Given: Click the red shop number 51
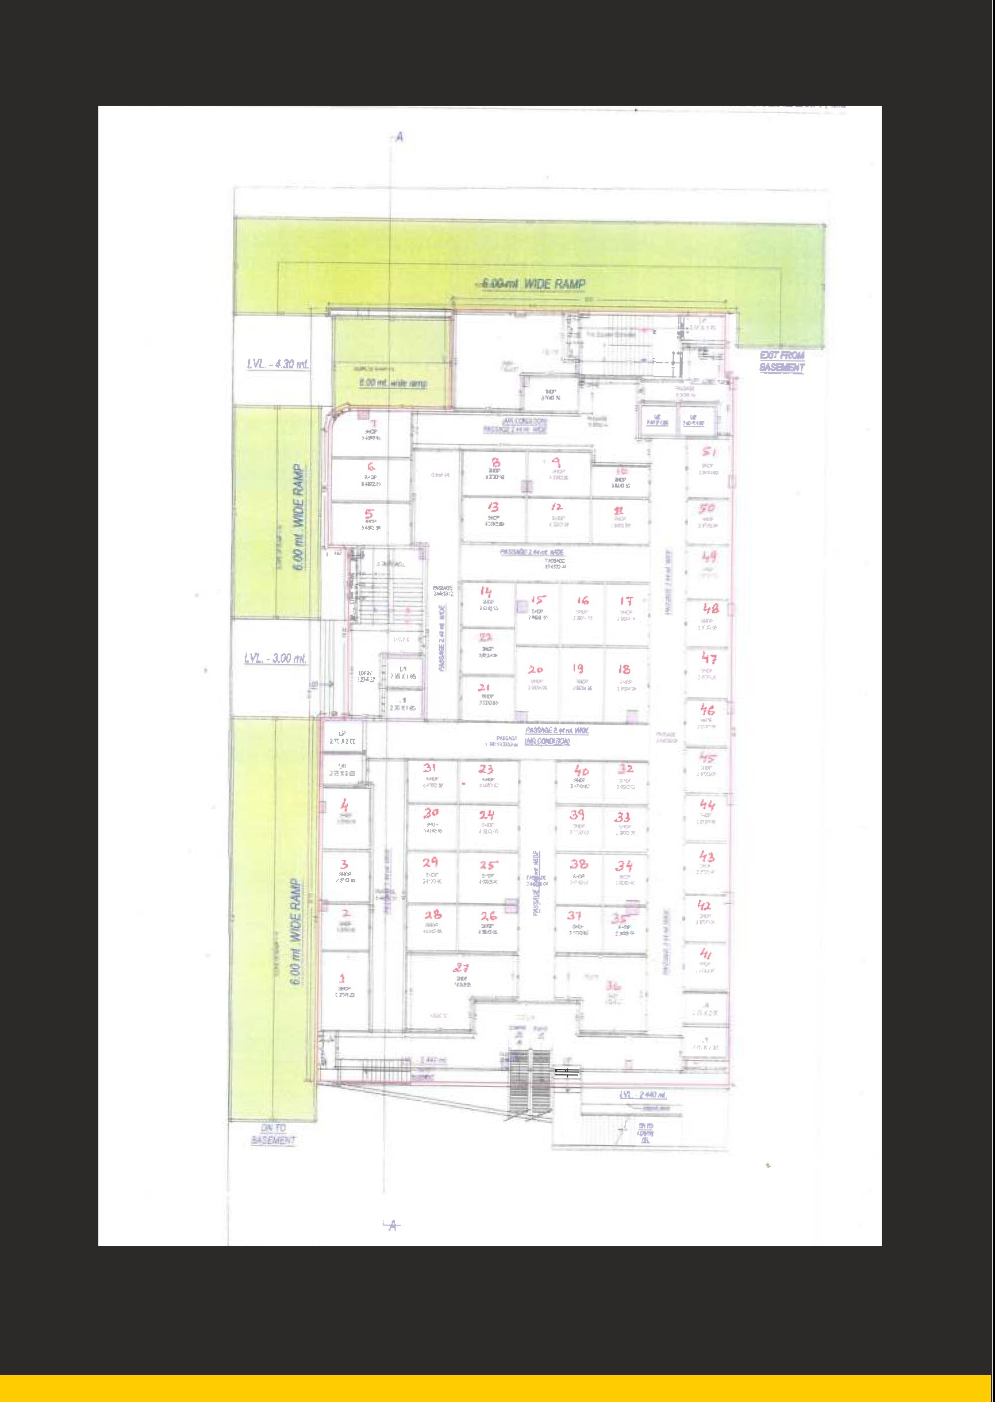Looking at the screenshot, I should point(709,452).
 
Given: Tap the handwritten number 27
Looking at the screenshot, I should point(461,968).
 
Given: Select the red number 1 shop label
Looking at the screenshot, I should point(343,978).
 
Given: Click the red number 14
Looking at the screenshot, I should point(486,592).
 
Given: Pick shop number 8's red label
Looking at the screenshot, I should point(495,463).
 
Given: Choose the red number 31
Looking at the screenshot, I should point(429,768).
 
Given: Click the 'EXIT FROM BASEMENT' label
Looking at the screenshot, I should point(782,361).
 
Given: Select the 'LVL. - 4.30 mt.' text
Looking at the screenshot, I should point(278,364).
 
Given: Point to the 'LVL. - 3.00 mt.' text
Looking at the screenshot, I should point(275,659).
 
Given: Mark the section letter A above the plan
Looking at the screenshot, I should point(399,137).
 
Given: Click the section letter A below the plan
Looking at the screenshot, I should point(393,1225).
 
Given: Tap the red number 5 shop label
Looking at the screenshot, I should point(370,514).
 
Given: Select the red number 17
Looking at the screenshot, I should point(625,601).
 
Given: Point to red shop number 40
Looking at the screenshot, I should point(581,771).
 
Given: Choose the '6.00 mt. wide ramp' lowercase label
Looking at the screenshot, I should point(393,383).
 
